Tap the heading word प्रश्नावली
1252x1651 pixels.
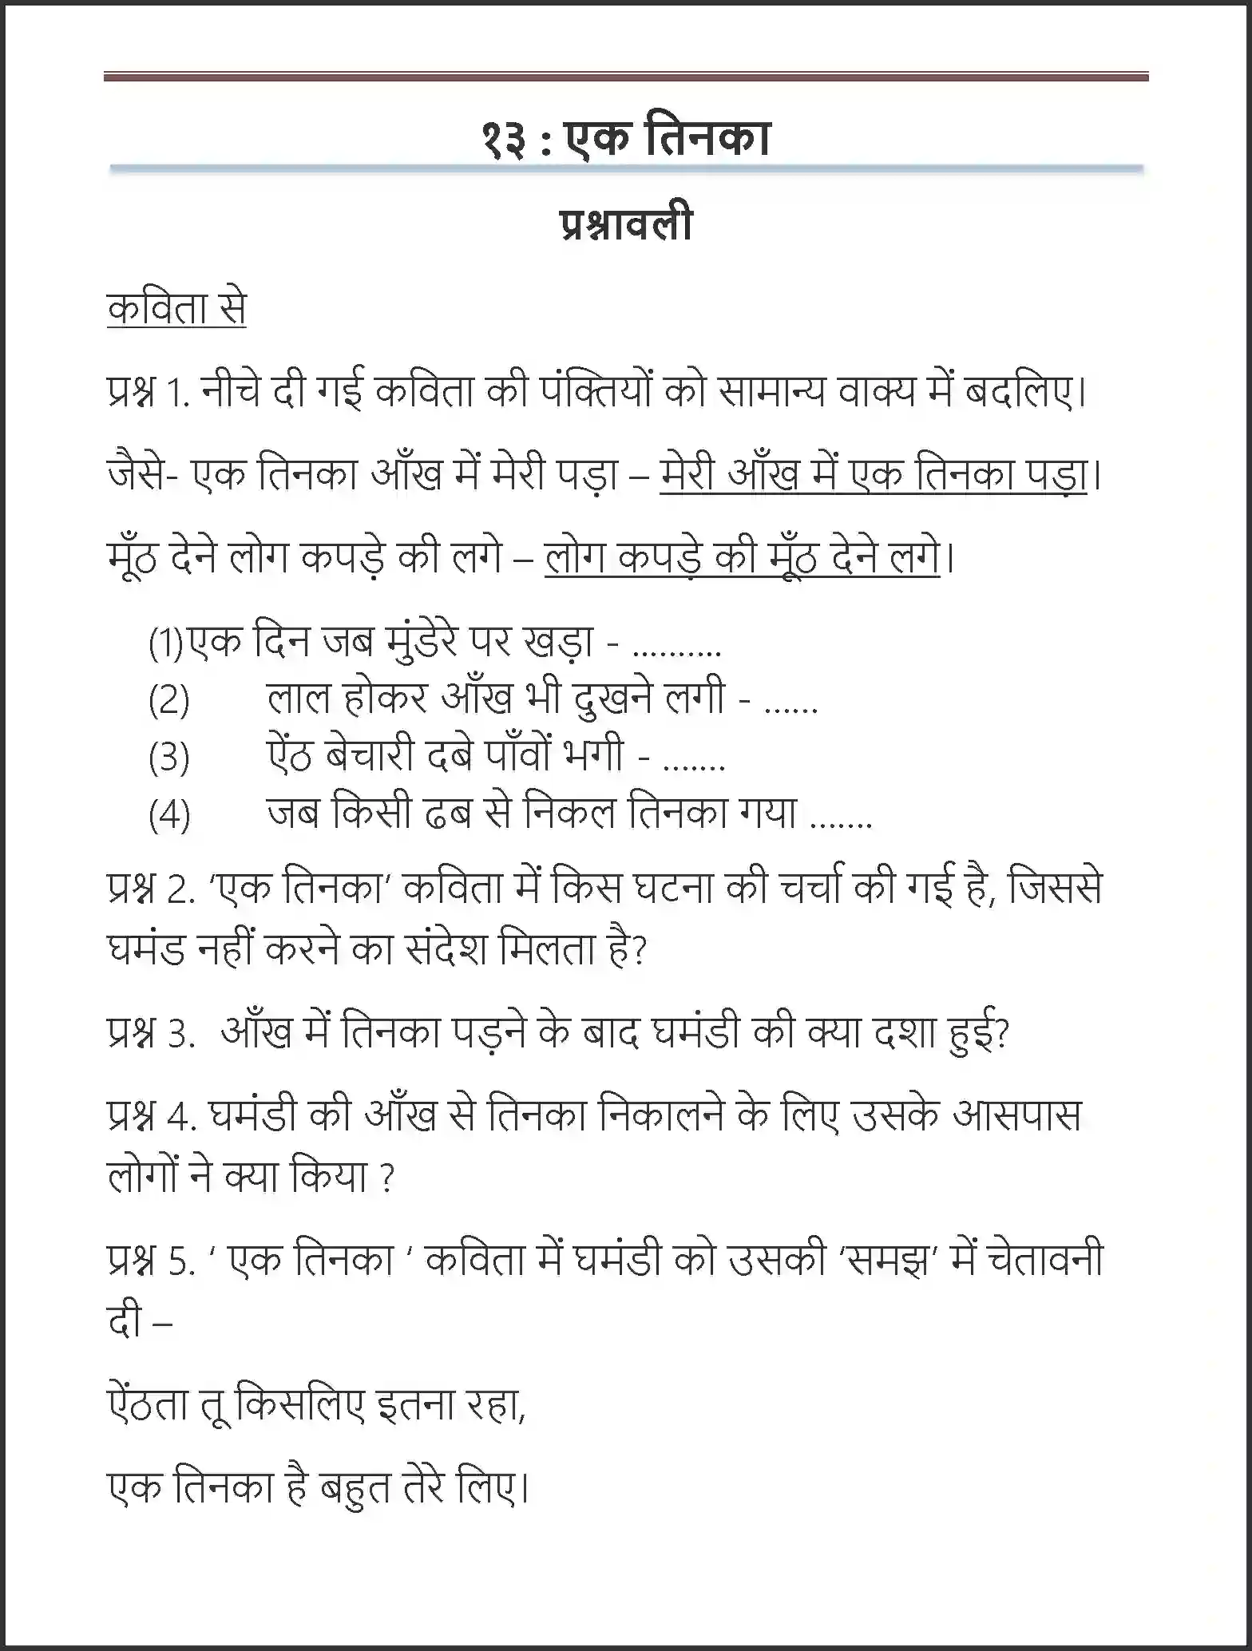point(625,226)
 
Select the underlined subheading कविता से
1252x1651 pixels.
point(176,309)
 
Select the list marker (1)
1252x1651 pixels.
point(166,643)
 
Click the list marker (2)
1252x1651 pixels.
point(169,700)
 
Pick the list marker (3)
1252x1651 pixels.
point(169,757)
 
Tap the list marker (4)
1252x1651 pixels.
point(169,815)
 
